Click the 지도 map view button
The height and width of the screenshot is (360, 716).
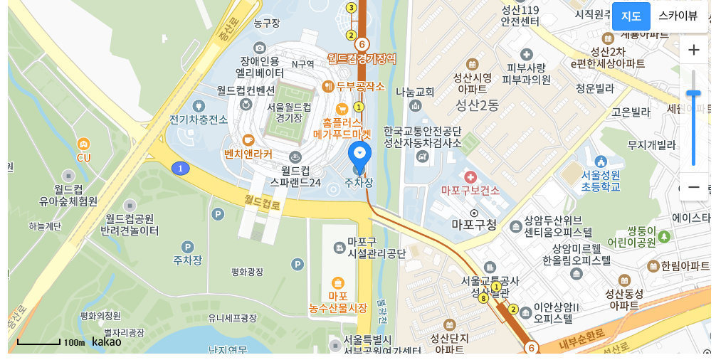click(x=631, y=16)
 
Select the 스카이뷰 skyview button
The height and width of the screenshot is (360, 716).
click(x=678, y=16)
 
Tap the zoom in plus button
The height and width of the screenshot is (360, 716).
click(x=694, y=50)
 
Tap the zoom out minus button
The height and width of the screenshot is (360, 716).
click(x=694, y=188)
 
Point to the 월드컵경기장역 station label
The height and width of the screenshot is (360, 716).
click(x=362, y=58)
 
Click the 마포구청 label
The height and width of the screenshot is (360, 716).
click(x=474, y=225)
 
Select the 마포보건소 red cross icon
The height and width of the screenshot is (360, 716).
click(x=470, y=176)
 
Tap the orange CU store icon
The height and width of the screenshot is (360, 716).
click(x=84, y=144)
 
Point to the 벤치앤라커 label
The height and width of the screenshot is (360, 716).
click(x=248, y=154)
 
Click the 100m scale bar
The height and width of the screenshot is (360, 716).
click(x=39, y=343)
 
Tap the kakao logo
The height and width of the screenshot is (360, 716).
click(x=107, y=342)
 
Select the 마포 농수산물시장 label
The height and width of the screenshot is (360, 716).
click(x=338, y=302)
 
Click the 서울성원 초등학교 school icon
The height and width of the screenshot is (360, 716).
click(x=600, y=162)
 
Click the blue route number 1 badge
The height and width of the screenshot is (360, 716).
click(x=181, y=169)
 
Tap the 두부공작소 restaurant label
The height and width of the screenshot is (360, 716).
click(x=360, y=87)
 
